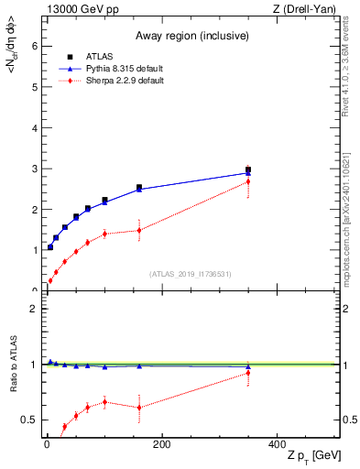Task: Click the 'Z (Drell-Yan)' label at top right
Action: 306,9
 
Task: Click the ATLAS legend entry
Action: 98,57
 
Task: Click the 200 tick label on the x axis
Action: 161,445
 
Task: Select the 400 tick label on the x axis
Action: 277,445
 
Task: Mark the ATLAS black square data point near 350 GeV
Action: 248,169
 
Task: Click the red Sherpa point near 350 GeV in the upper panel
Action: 248,181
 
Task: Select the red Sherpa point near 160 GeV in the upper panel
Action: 139,230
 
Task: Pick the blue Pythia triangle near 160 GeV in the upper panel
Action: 139,189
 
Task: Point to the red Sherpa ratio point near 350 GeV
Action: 248,372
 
